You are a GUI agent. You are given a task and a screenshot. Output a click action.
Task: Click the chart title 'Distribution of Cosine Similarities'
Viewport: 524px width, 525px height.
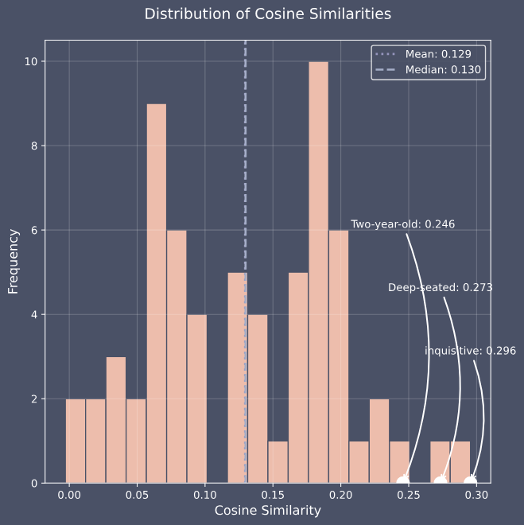coord(267,14)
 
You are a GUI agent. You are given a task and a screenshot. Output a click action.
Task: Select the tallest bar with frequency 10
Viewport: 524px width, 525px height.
coord(318,272)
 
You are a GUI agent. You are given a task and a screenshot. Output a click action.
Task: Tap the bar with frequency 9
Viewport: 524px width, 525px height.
coord(157,294)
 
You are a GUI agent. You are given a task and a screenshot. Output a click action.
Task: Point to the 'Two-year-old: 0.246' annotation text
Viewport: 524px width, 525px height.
coord(402,224)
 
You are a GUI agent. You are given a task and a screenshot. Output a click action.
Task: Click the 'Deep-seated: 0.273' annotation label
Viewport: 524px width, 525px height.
coord(440,287)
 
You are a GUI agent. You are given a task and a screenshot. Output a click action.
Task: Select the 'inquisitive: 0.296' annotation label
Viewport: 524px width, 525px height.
coord(470,351)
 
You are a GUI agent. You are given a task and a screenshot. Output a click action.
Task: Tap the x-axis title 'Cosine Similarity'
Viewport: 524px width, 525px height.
coord(267,510)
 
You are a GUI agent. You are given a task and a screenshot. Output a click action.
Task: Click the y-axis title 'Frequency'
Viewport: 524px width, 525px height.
coord(14,261)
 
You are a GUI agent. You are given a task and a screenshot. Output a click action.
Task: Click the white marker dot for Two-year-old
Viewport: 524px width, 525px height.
coord(403,481)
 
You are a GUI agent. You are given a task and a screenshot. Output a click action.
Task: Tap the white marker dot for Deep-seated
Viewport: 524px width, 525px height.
coord(440,481)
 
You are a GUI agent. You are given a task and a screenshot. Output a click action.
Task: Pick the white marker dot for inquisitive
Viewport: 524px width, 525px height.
coord(471,481)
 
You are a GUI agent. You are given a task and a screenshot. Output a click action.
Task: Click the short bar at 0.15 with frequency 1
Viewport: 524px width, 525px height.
coord(278,462)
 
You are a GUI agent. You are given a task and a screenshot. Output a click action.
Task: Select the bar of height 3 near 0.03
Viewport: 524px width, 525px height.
coord(116,420)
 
